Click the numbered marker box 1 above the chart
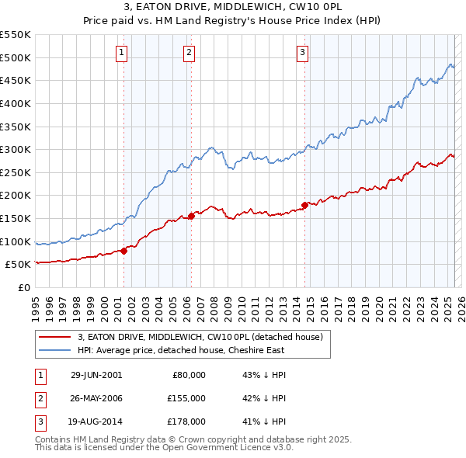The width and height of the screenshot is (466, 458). point(123,53)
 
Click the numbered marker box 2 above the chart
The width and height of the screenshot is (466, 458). point(190,53)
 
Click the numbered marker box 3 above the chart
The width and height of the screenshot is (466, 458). point(302,53)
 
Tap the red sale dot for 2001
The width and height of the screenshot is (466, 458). point(123,250)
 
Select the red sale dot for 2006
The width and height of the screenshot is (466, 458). point(191,216)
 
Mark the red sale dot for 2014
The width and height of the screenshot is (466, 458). point(304,205)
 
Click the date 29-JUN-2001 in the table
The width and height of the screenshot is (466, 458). point(96,375)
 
